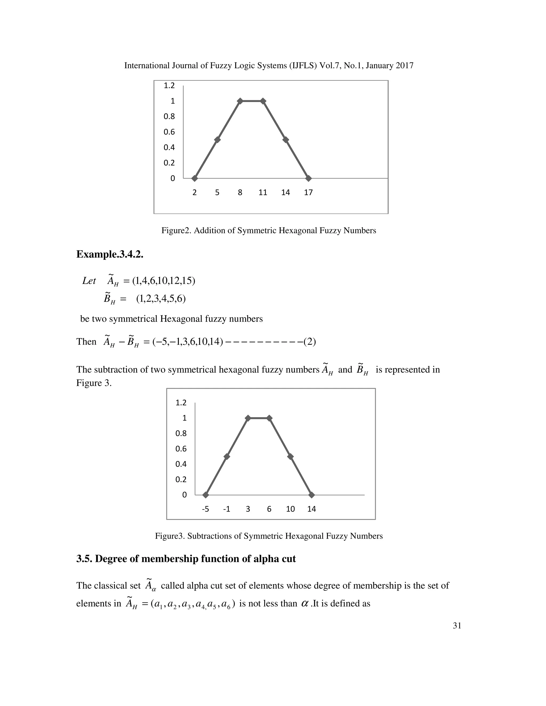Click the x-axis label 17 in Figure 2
[x=308, y=193]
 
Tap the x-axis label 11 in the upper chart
[x=263, y=193]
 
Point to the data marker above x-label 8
[x=240, y=101]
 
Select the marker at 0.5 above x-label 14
[x=286, y=140]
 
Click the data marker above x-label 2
[x=194, y=178]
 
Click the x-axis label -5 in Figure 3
[x=205, y=509]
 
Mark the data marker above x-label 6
[x=269, y=418]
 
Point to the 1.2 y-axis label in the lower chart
[x=181, y=403]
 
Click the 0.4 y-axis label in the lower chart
[x=181, y=464]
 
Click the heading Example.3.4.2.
[x=110, y=254]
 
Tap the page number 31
[x=457, y=635]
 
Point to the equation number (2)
[x=310, y=342]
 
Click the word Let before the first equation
[x=89, y=281]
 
